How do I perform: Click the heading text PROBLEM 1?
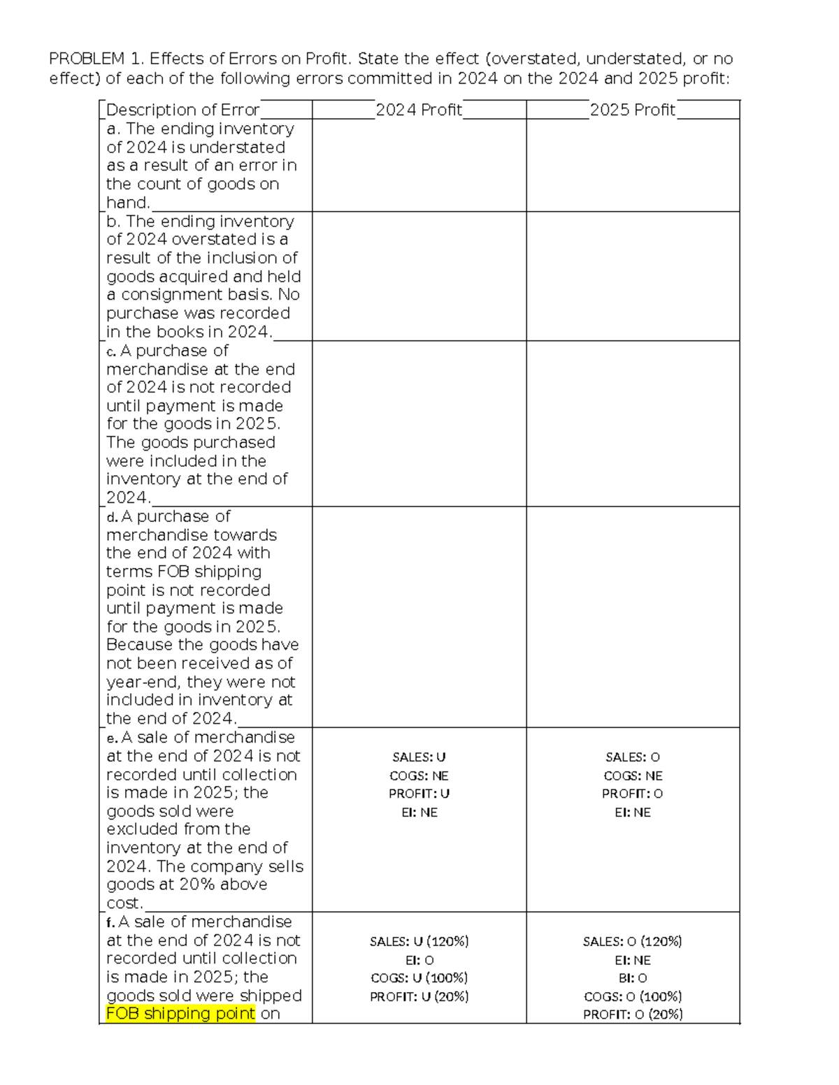87,59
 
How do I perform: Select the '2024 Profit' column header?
419,110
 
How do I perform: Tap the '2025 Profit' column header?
633,110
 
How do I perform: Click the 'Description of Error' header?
182,110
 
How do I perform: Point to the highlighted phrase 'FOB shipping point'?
180,1014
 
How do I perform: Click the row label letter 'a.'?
113,129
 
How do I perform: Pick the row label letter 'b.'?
113,221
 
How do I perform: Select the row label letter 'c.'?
111,351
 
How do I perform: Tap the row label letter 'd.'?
112,517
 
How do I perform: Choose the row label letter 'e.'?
112,738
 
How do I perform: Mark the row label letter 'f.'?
110,922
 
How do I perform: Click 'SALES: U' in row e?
419,757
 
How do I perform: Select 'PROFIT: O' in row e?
633,794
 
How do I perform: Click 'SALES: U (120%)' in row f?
419,942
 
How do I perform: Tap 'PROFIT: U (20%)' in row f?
419,996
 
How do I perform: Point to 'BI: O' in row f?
633,978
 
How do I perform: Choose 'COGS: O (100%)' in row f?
633,996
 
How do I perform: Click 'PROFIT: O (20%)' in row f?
633,1014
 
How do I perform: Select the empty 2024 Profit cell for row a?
419,165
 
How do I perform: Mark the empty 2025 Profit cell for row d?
633,617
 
